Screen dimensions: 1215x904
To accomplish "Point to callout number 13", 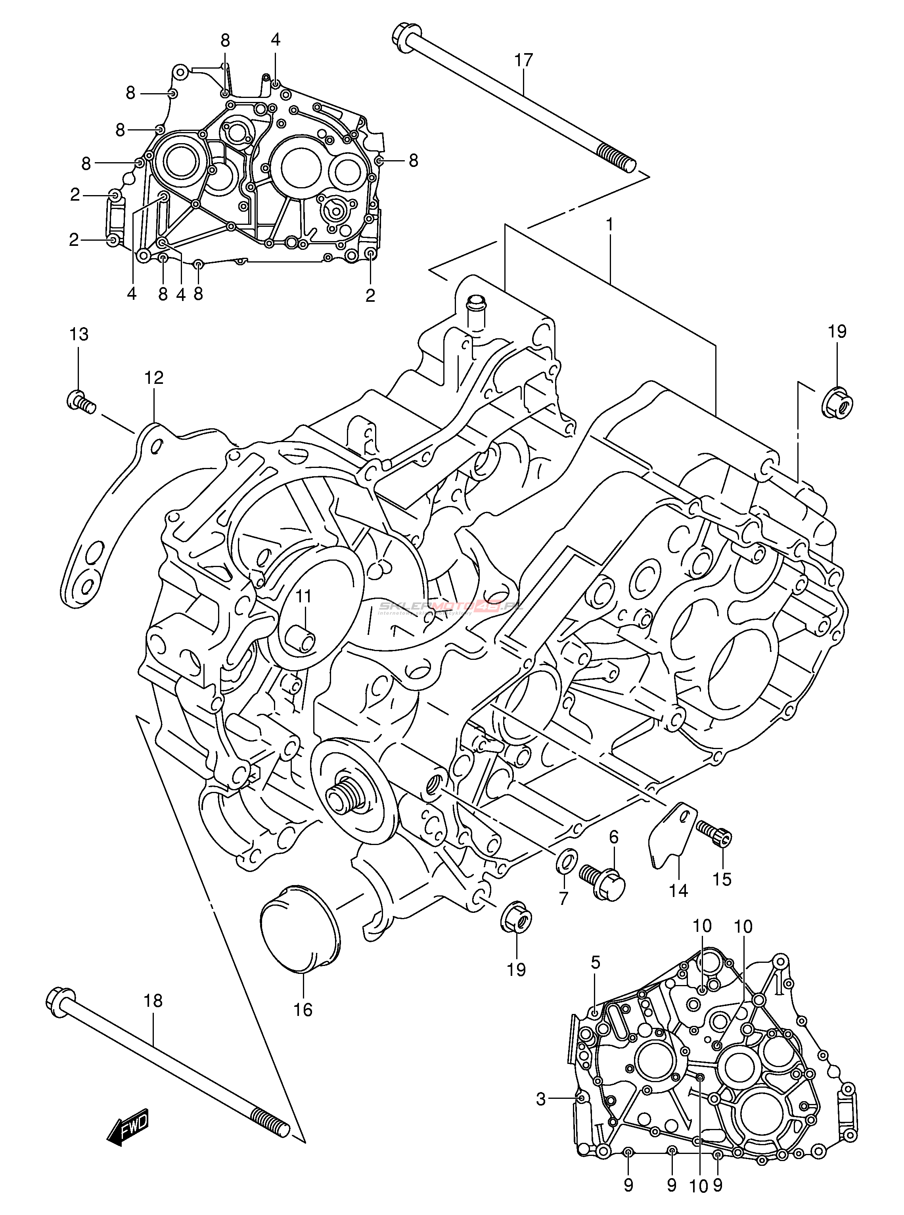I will coord(79,334).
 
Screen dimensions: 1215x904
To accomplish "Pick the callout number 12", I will coord(154,378).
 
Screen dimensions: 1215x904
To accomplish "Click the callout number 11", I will coord(304,596).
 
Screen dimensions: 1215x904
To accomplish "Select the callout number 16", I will coord(303,1010).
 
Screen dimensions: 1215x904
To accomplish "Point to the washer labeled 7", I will coord(565,861).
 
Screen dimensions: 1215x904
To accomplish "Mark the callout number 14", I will coord(678,891).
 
